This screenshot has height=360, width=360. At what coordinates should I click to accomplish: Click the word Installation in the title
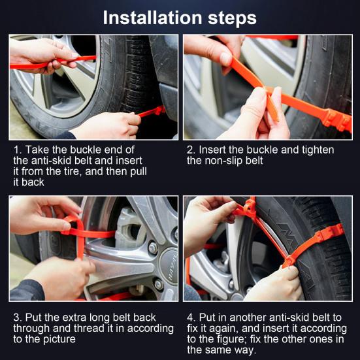tap(152, 18)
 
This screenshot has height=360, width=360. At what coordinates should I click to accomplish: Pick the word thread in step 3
tap(90, 329)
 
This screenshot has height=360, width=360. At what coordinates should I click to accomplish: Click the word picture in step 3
tap(59, 339)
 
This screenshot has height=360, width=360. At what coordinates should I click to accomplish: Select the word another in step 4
tap(248, 318)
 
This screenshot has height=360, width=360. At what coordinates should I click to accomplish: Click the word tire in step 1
tap(73, 172)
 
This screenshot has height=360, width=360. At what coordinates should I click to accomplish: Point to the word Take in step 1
tap(37, 150)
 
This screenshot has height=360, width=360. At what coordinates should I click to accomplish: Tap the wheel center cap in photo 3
tap(169, 267)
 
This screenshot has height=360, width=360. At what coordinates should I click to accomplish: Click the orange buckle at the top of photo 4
tap(250, 207)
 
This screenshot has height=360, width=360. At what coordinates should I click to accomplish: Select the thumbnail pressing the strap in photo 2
tap(226, 59)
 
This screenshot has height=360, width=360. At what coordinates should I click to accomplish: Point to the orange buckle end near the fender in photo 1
tap(159, 110)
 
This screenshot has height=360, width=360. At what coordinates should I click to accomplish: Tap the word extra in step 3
tap(75, 318)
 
